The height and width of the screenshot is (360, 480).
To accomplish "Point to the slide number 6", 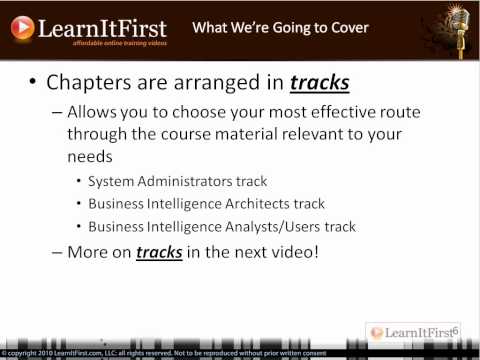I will pyautogui.click(x=455, y=327).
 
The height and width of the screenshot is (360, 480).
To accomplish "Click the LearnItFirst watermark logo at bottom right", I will pyautogui.click(x=411, y=332).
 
